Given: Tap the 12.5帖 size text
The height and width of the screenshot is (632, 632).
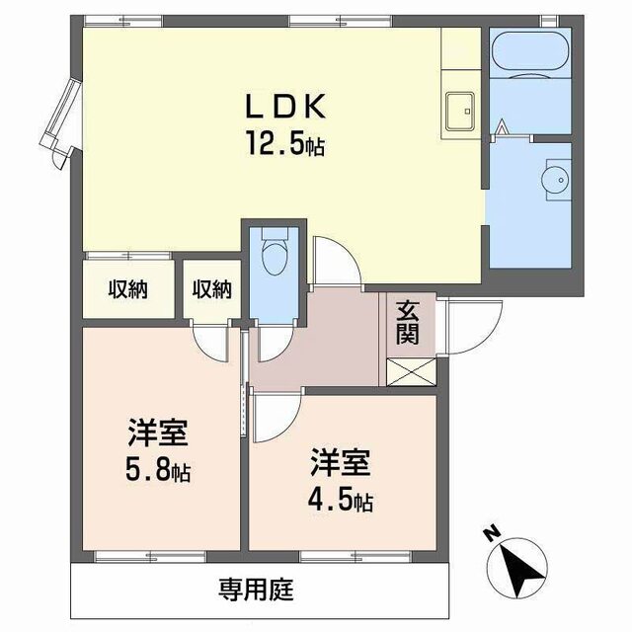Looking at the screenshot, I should (x=285, y=146).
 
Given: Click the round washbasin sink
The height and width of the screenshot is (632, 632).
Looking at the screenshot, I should (x=549, y=180).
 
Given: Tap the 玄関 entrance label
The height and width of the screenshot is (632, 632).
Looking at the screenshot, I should (x=407, y=322).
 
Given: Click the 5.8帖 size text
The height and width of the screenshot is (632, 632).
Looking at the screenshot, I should (x=158, y=471).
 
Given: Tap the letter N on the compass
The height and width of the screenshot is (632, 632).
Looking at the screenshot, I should (x=491, y=534).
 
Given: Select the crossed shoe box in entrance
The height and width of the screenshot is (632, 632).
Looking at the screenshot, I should (x=407, y=372).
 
